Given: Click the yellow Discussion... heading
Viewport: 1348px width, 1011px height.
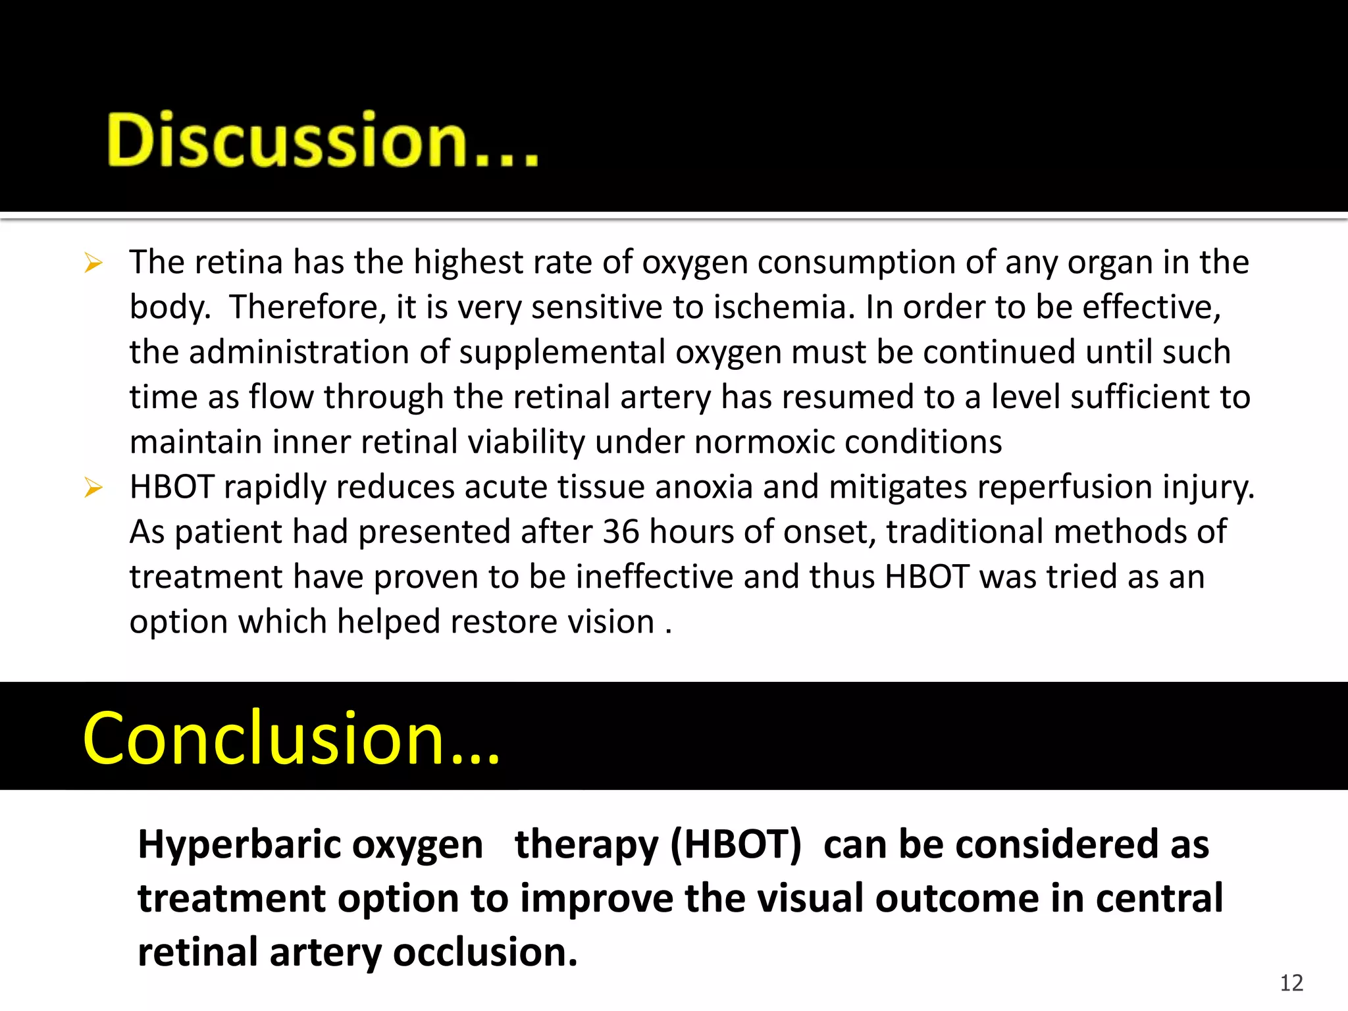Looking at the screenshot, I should click(323, 140).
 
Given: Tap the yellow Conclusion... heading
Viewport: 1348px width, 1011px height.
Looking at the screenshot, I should click(291, 739).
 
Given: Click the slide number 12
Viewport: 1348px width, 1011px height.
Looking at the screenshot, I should click(1291, 983).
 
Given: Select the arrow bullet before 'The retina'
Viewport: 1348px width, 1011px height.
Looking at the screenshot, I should click(93, 264).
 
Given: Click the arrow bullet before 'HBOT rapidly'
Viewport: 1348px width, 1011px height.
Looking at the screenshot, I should click(93, 488).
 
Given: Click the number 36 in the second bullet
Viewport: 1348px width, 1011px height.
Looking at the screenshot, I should click(621, 531).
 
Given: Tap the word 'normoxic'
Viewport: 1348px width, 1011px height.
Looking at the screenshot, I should click(764, 442).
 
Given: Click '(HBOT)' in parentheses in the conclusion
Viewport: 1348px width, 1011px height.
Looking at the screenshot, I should click(736, 844).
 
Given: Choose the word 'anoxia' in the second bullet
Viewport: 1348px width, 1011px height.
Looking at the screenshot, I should click(703, 487).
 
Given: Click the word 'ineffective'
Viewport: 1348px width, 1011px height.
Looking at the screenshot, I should click(655, 577).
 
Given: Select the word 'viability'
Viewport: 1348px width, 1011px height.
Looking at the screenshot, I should click(526, 442).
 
